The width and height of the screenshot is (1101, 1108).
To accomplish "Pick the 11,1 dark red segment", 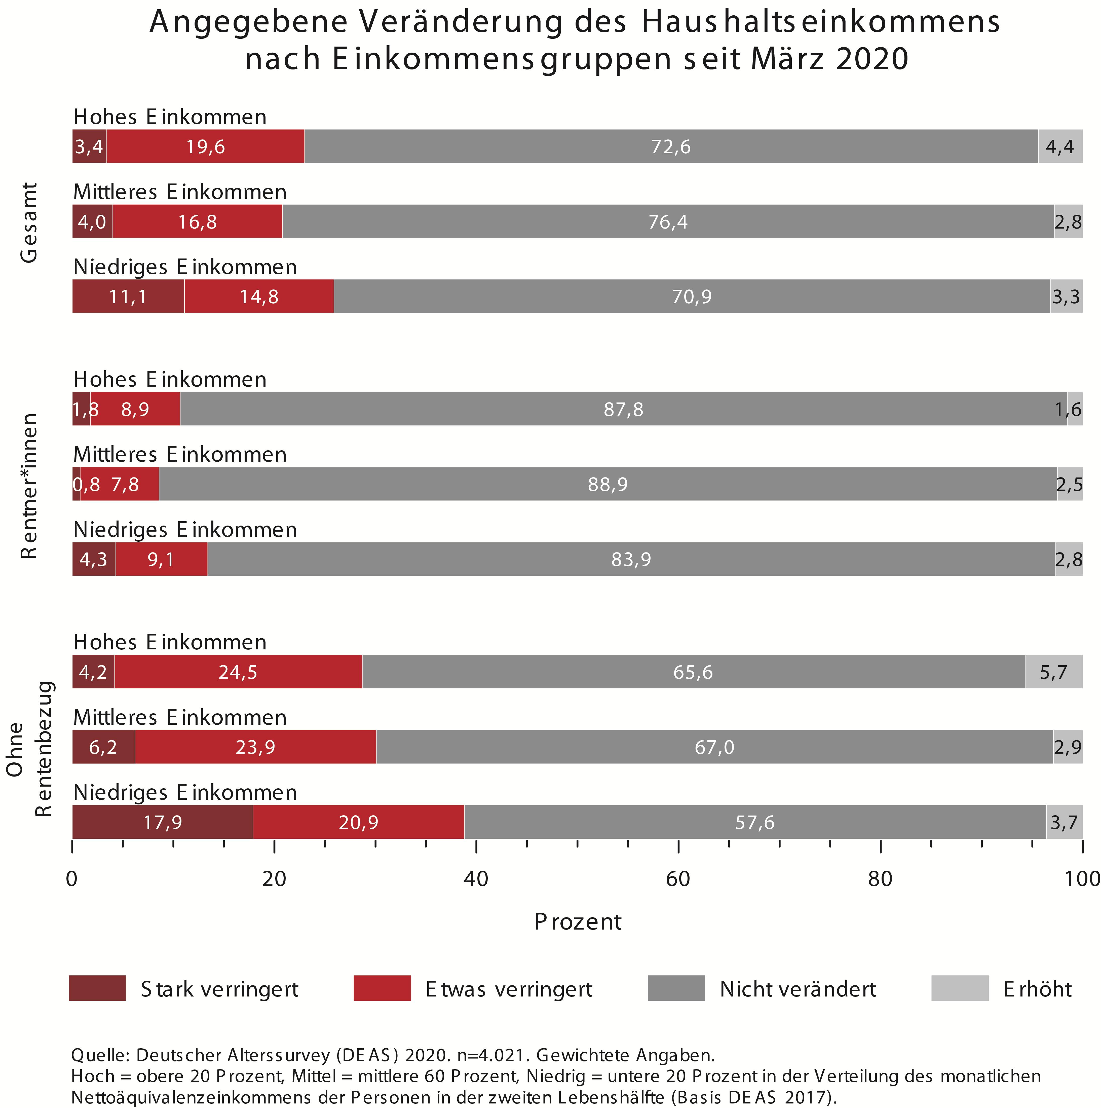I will (x=128, y=297).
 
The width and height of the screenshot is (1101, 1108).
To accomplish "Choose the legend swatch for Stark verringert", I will (x=97, y=988).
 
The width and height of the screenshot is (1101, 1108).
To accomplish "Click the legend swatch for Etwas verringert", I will (x=382, y=988).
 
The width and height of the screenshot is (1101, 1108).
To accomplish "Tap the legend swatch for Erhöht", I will (x=959, y=988).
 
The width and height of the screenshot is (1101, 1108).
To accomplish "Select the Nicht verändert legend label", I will (x=798, y=989).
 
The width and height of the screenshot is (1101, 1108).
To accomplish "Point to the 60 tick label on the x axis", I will (x=678, y=879).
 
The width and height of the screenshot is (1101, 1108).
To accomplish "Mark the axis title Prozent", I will (x=578, y=922).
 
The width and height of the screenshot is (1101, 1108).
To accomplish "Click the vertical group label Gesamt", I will (x=29, y=223).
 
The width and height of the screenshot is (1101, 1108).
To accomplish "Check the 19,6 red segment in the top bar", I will (x=205, y=147).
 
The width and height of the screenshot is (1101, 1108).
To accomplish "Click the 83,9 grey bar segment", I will (x=631, y=559).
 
